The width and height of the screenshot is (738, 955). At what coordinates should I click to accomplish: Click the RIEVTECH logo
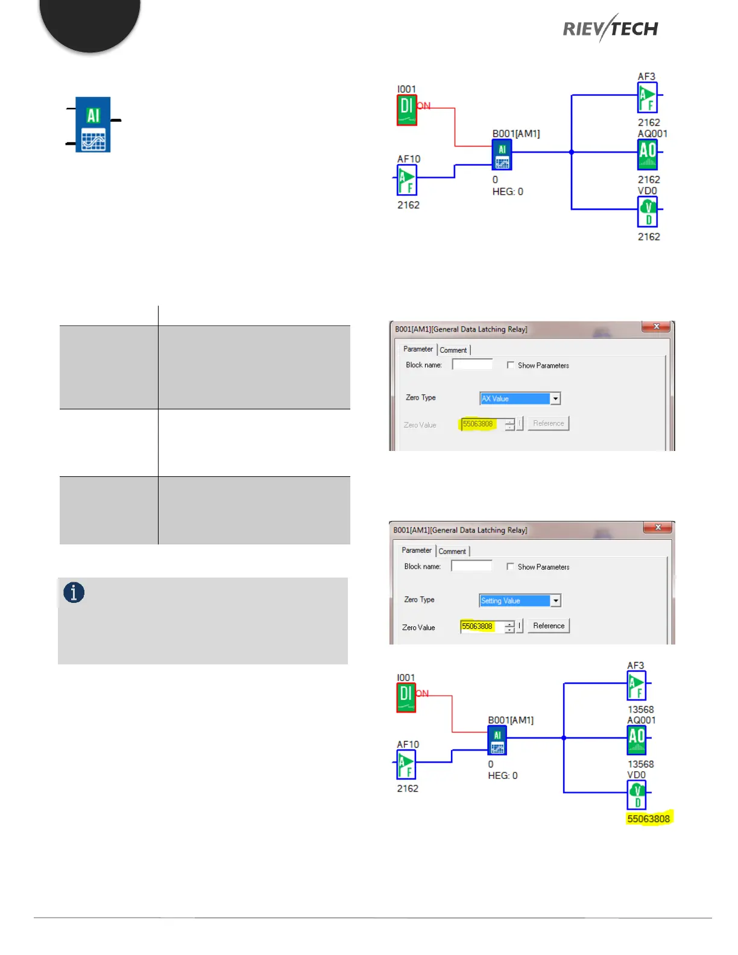point(610,28)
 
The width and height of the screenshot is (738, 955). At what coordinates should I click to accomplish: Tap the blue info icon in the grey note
point(74,593)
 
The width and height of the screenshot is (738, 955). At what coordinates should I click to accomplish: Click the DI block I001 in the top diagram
point(406,110)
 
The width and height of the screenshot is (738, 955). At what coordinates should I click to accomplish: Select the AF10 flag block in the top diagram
point(407,180)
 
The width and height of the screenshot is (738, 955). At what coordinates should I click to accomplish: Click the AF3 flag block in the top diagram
point(648,97)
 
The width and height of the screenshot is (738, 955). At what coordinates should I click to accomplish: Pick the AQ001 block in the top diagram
point(648,154)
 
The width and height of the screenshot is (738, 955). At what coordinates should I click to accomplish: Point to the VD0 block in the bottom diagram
point(637,795)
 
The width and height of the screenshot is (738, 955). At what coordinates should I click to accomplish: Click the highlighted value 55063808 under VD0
point(648,819)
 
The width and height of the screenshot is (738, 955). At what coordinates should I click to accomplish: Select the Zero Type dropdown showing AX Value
point(520,399)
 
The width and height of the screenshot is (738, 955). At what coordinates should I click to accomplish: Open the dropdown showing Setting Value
point(520,600)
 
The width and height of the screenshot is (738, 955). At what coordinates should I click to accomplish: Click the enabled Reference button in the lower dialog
point(549,626)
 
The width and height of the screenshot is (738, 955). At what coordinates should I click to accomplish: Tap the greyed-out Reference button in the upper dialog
point(549,423)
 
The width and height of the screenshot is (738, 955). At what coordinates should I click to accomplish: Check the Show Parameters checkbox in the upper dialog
point(511,365)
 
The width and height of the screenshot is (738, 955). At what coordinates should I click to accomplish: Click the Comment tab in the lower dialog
point(452,551)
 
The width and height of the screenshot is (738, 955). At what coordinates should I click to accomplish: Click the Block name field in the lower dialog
point(471,566)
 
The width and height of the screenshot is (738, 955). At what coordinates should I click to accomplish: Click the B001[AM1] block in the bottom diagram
point(497,740)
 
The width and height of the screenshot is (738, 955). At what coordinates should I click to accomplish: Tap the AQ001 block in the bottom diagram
point(637,740)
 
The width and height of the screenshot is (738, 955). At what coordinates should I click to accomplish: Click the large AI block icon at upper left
point(93,124)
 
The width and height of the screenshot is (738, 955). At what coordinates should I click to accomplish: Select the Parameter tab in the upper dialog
point(418,349)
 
